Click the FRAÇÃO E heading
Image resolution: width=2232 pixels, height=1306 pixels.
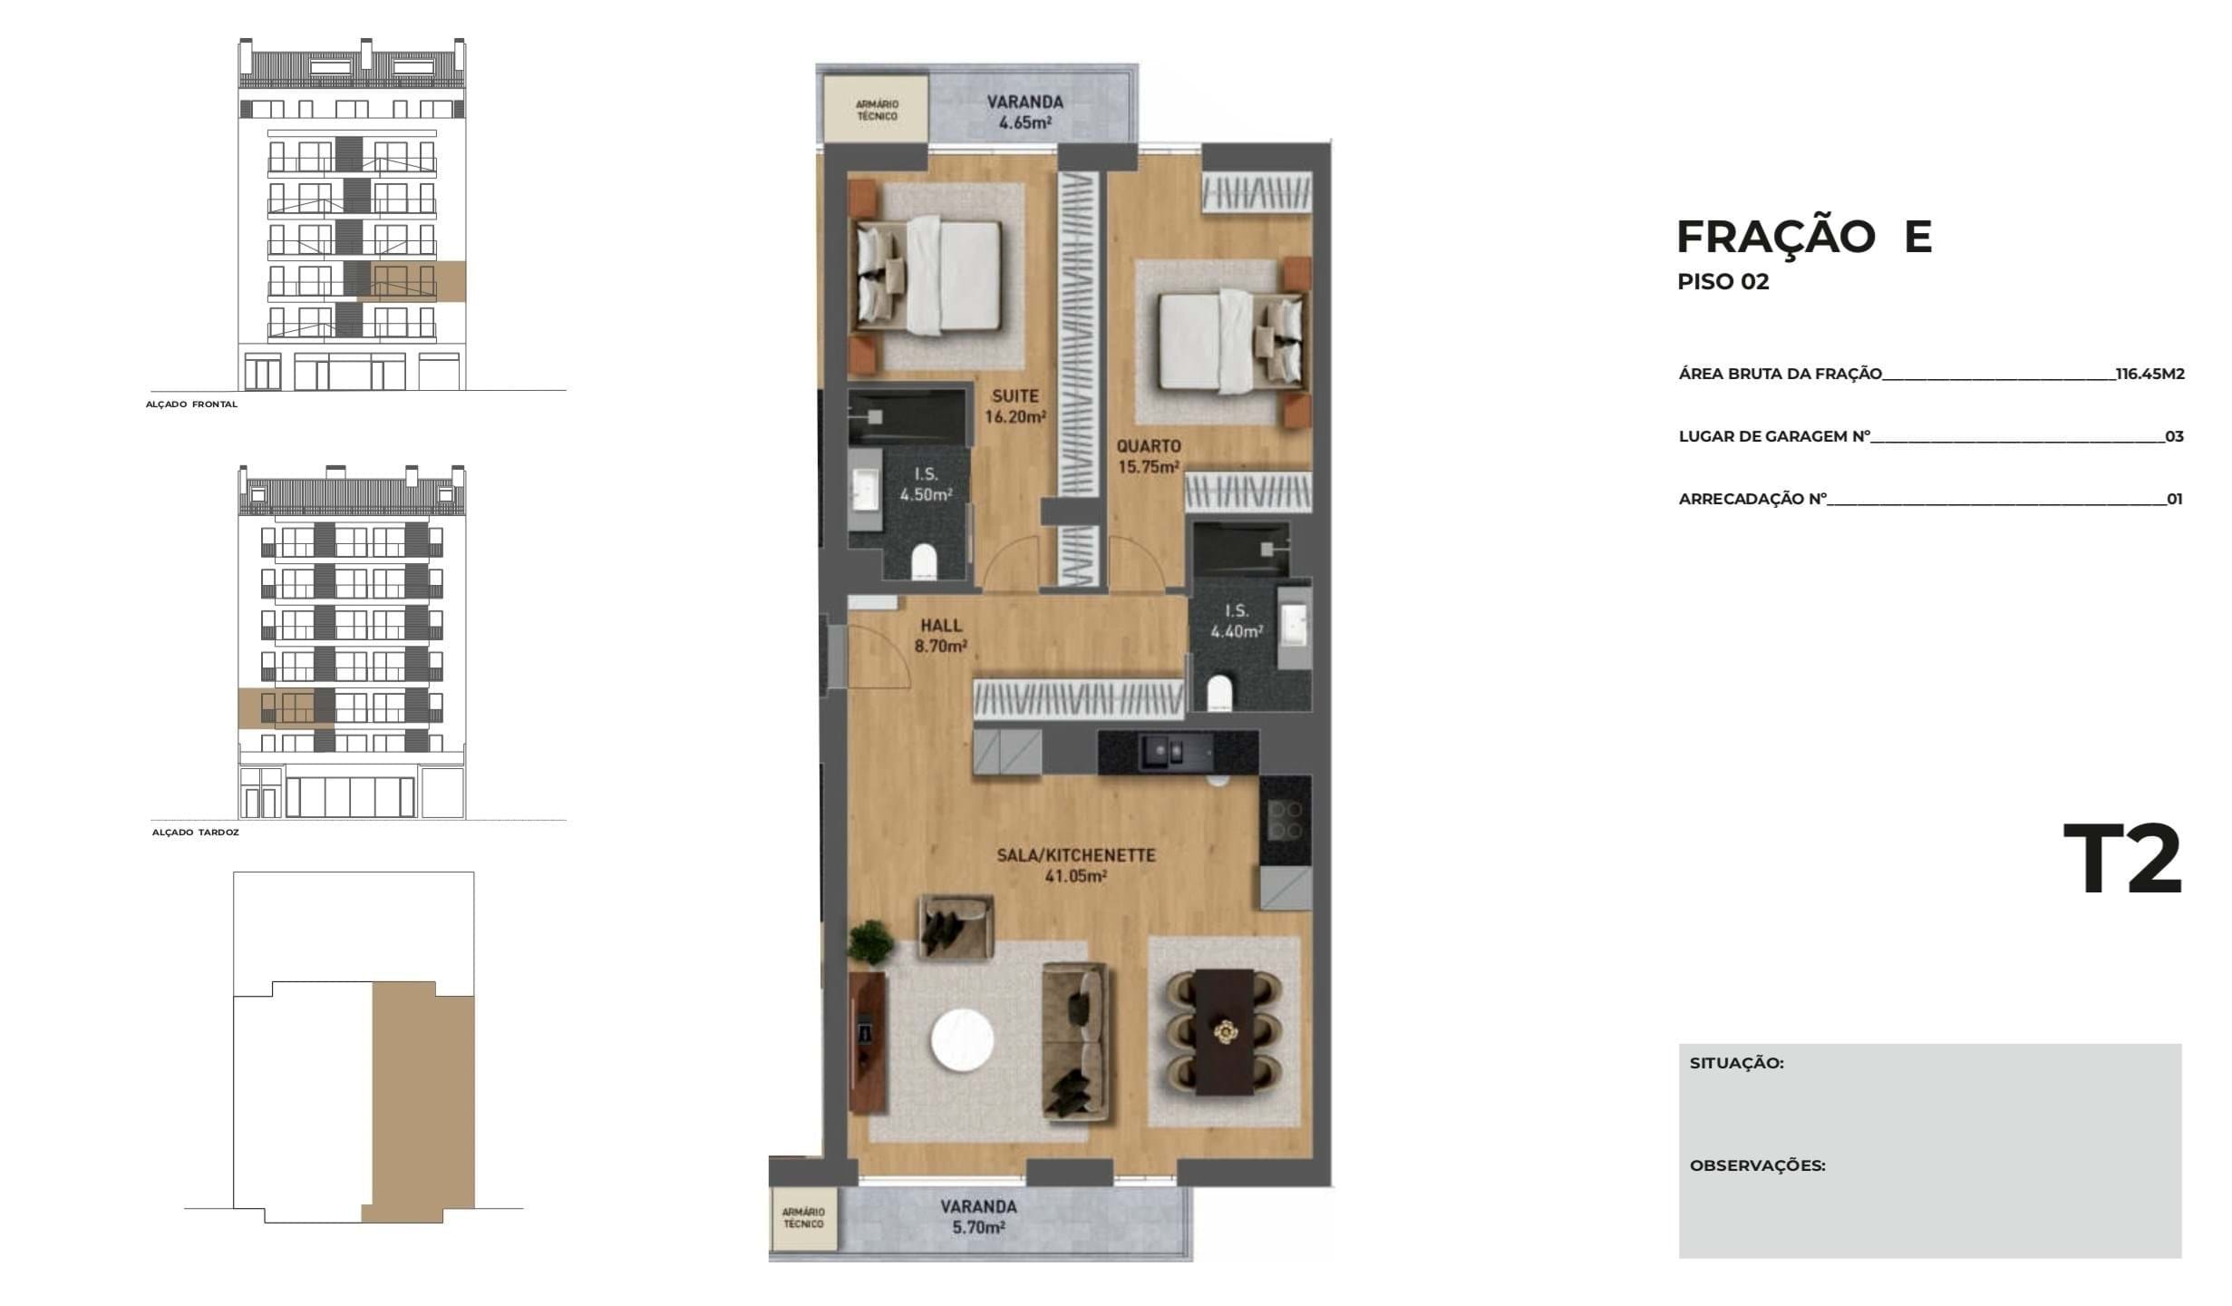pyautogui.click(x=1803, y=237)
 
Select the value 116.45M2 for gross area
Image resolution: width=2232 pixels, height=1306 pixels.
pyautogui.click(x=2150, y=374)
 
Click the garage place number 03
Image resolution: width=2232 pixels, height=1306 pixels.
pyautogui.click(x=2174, y=437)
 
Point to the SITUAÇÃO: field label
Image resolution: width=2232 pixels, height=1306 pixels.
pyautogui.click(x=1736, y=1063)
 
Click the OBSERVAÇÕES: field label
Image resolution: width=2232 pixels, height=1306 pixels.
pyautogui.click(x=1757, y=1166)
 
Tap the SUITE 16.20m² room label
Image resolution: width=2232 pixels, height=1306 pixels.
pyautogui.click(x=1014, y=406)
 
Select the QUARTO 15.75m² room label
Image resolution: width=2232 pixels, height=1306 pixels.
pyautogui.click(x=1148, y=456)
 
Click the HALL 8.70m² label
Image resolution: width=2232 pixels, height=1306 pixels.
pyautogui.click(x=941, y=636)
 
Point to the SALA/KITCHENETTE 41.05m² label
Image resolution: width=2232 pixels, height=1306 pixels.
pyautogui.click(x=1075, y=865)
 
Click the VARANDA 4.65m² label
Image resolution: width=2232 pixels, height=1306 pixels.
pyautogui.click(x=1024, y=112)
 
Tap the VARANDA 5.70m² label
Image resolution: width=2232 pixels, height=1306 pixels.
pyautogui.click(x=978, y=1217)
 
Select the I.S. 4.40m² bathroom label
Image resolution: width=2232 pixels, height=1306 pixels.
pyautogui.click(x=1237, y=621)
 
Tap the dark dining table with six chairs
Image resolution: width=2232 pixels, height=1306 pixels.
pyautogui.click(x=1224, y=1032)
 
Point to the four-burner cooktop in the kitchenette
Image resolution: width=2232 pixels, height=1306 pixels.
pyautogui.click(x=1286, y=821)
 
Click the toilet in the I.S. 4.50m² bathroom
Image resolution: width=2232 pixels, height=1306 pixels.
pyautogui.click(x=924, y=562)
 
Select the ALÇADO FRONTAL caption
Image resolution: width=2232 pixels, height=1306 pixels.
pyautogui.click(x=191, y=404)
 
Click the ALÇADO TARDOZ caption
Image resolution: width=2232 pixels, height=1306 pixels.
pyautogui.click(x=195, y=833)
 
